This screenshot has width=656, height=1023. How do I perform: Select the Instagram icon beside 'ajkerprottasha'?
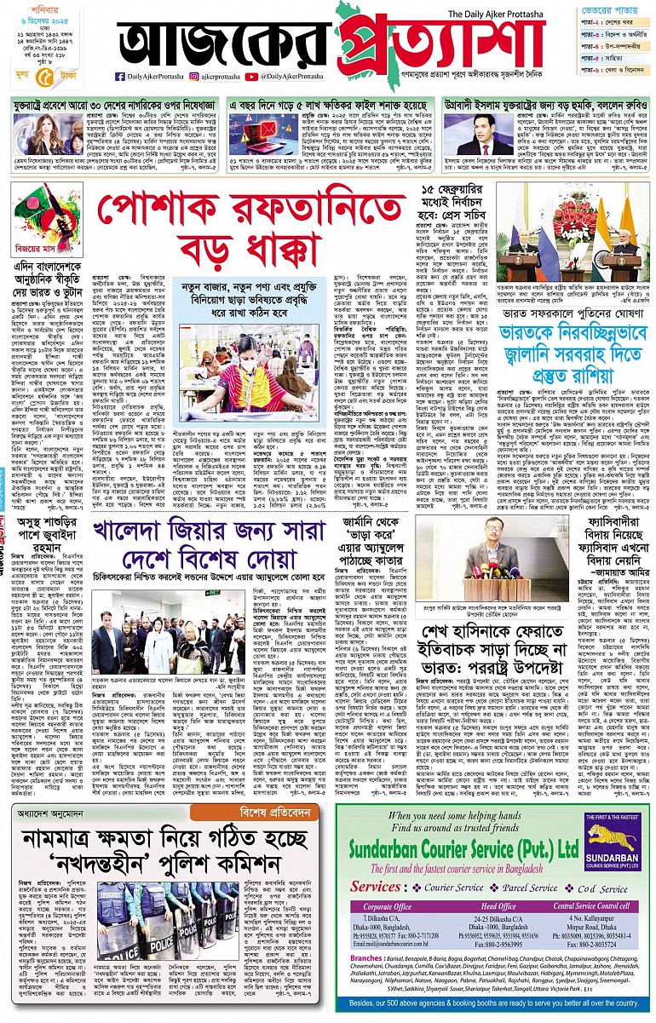point(196,77)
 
